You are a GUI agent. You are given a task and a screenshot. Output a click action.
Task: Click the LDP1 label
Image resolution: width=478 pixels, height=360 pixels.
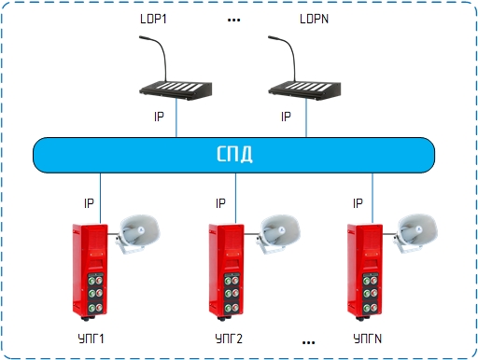[153, 19]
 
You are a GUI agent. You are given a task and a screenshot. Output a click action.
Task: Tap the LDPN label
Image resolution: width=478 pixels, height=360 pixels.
[314, 19]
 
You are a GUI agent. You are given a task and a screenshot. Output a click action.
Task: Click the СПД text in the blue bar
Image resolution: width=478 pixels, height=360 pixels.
[234, 154]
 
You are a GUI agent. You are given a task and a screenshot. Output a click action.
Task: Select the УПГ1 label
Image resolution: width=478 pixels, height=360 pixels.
[91, 339]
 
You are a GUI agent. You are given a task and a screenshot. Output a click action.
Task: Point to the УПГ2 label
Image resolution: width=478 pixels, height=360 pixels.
[229, 339]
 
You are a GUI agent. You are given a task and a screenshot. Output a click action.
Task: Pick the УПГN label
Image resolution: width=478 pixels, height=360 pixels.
[368, 339]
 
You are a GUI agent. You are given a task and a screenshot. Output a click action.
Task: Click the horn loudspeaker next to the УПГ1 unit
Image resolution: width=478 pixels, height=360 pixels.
[138, 233]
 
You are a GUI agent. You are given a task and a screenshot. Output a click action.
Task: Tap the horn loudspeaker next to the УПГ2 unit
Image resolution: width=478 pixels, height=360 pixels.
[278, 233]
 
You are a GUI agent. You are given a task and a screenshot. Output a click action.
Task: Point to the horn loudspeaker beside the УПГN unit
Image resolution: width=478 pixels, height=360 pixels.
[415, 233]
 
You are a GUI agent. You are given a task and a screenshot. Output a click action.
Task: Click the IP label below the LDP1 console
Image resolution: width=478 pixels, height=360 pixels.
[159, 117]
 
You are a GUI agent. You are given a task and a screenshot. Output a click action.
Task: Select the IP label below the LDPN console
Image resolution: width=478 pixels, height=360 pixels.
[286, 117]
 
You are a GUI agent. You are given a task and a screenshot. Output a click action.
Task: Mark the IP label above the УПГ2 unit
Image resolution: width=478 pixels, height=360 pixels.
[220, 203]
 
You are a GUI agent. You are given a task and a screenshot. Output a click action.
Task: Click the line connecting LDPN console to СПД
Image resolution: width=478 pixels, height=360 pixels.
[306, 118]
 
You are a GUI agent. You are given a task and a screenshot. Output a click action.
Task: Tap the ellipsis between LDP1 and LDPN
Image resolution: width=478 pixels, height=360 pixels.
[233, 21]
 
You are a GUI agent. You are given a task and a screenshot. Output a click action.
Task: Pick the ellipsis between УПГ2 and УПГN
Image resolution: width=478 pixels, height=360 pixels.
[308, 342]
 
